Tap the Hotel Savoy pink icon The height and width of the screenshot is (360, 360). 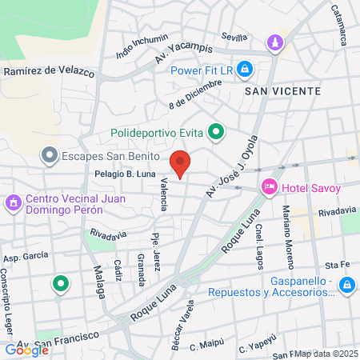point(270,187)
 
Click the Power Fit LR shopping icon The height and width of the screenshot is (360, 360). point(245,70)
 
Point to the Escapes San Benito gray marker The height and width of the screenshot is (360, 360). point(50,155)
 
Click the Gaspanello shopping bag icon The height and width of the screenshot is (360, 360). point(346,285)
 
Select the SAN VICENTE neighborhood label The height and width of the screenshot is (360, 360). point(282,91)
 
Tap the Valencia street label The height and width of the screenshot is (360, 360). point(164,194)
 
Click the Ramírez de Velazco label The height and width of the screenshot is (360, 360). point(46,70)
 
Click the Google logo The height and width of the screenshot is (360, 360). point(26,350)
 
